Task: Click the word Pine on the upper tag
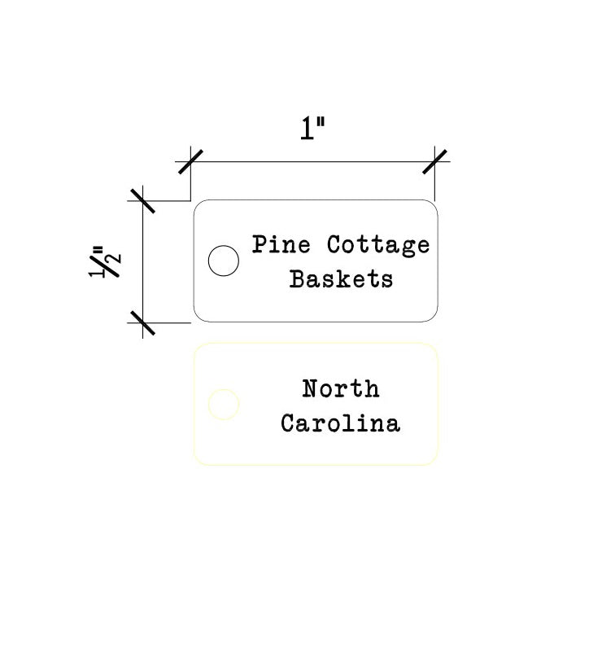(281, 244)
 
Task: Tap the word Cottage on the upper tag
(378, 246)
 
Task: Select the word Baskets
(341, 279)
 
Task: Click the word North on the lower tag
(341, 388)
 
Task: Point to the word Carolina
(340, 423)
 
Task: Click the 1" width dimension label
(313, 129)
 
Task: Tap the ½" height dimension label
(104, 261)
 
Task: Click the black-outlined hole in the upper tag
(224, 261)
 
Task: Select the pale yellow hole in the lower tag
(224, 404)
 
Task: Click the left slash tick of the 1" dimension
(190, 162)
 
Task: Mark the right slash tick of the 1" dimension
(434, 162)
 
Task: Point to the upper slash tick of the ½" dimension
(142, 201)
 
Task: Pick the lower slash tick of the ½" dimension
(142, 322)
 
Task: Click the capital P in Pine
(260, 244)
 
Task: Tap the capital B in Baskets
(298, 279)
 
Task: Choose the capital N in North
(311, 388)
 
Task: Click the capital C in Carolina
(289, 423)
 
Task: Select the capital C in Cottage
(335, 244)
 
